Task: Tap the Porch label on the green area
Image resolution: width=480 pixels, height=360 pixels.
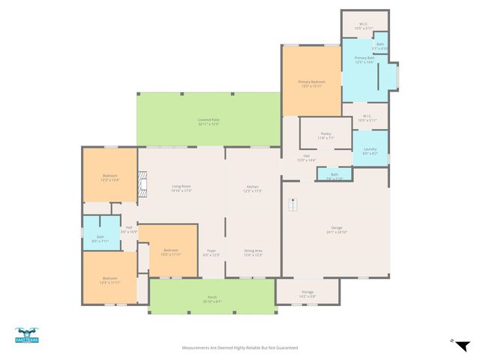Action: [211, 299]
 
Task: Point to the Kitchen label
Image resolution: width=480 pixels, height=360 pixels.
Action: [253, 187]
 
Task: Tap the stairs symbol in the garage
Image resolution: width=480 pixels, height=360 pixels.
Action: [294, 204]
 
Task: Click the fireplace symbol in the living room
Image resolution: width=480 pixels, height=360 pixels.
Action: [145, 185]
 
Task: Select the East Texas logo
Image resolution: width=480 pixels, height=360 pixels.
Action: [27, 336]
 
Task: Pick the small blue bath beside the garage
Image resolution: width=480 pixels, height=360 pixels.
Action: [334, 175]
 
